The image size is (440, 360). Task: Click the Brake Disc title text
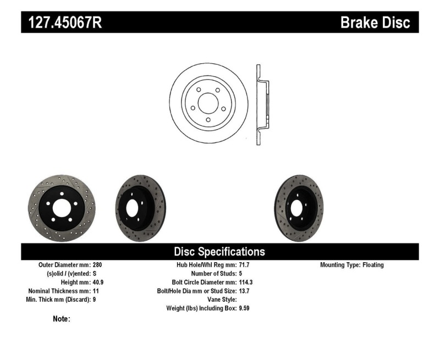point(375,23)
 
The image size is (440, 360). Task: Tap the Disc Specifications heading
point(219,252)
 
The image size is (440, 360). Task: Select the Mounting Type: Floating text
point(352,265)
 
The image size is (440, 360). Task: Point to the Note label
point(61,319)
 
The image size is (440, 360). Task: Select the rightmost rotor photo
point(299,208)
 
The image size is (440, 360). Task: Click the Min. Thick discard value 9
point(95,300)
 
